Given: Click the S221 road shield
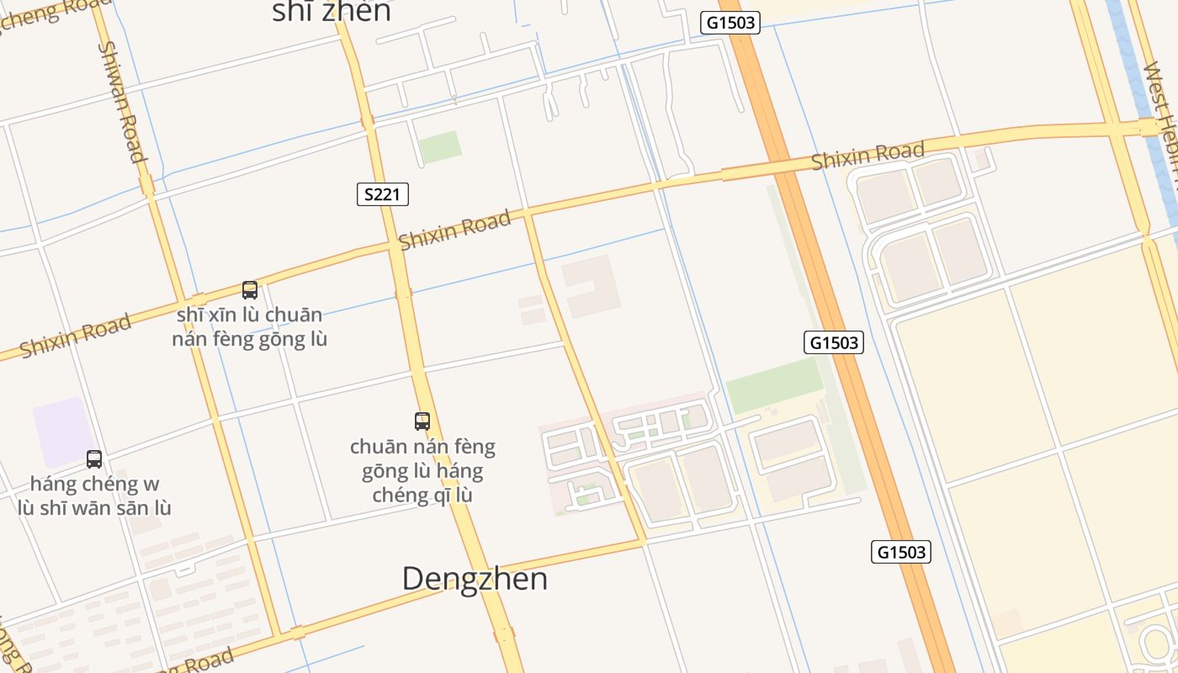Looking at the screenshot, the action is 382,195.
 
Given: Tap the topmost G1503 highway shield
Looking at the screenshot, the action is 730,23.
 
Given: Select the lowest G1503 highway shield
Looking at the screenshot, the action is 900,552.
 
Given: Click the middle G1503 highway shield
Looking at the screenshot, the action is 834,342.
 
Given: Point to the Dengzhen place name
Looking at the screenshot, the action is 475,579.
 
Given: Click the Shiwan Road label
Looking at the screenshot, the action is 123,101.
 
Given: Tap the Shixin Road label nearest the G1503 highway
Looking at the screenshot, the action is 868,155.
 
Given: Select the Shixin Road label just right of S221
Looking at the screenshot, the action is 454,230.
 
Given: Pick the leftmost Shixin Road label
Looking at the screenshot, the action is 76,335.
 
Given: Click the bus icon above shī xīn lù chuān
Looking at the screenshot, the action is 250,290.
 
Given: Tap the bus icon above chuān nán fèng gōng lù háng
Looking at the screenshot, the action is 422,421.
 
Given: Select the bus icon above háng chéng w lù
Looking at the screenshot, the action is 94,459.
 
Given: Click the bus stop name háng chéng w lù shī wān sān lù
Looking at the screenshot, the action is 94,495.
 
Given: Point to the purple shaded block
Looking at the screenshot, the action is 62,431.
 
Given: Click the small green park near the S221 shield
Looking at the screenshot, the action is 440,146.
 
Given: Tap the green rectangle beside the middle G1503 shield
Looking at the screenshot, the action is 773,384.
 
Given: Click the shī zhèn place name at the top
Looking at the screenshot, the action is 332,12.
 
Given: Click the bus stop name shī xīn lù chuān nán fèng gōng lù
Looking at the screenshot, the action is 250,327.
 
